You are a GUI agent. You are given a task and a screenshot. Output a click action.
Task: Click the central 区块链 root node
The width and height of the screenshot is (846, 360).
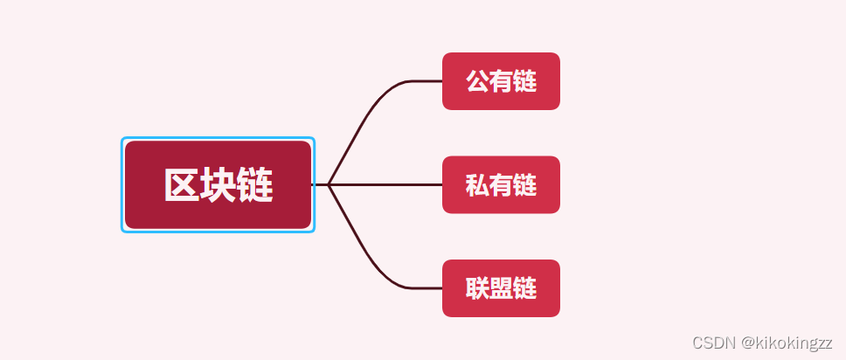click(218, 184)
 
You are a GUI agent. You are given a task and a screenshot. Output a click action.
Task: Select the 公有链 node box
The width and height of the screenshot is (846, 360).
click(501, 81)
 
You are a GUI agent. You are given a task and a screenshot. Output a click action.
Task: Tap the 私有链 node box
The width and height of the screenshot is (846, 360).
click(501, 184)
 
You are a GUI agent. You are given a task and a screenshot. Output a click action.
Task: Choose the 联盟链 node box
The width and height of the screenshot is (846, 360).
click(501, 287)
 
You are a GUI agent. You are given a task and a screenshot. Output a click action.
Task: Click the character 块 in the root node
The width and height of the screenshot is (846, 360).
click(218, 185)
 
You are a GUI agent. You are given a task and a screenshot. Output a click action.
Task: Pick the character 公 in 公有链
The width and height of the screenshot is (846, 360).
click(477, 81)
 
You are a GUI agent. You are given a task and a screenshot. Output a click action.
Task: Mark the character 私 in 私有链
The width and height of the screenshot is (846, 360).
click(477, 185)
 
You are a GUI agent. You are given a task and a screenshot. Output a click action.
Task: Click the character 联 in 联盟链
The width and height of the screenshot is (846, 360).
click(477, 287)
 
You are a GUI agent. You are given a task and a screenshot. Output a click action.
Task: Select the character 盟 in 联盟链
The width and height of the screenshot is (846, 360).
click(501, 287)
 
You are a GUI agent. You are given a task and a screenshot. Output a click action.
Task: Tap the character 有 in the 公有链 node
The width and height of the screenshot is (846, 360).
click(501, 81)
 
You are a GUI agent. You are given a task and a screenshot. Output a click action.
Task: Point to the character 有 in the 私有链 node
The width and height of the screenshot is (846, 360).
click(501, 185)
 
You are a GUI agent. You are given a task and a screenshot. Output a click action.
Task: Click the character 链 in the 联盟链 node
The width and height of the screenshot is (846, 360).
click(524, 287)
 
